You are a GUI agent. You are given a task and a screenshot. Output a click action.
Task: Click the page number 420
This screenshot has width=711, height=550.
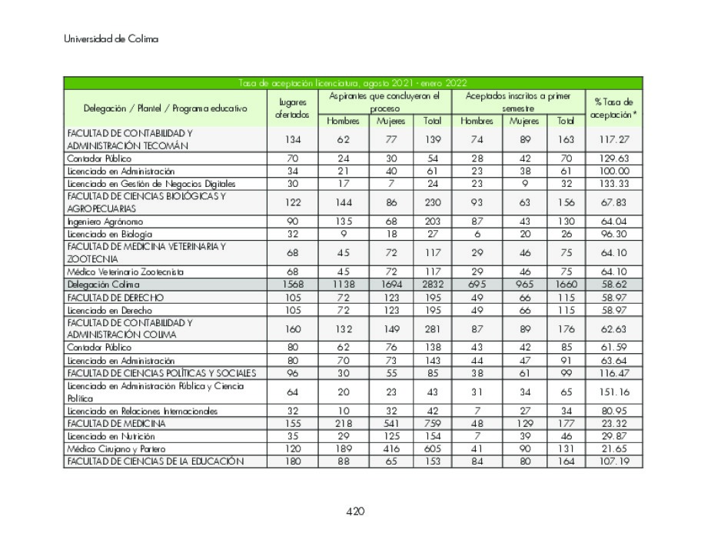tap(354, 512)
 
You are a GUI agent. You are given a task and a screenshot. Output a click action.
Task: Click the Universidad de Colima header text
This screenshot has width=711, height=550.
tap(111, 39)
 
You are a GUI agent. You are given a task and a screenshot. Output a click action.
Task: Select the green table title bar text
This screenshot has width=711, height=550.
tap(353, 83)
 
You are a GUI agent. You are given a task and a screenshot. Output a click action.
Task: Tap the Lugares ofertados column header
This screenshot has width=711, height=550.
tap(292, 108)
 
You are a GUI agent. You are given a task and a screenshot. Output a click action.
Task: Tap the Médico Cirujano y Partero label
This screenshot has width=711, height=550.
tap(116, 448)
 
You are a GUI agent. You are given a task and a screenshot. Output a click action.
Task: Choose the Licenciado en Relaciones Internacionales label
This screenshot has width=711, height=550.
tap(142, 411)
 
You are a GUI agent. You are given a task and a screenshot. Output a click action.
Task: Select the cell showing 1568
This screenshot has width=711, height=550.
tap(292, 285)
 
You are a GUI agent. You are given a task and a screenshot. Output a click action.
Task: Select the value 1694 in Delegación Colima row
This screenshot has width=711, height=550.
tap(390, 285)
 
